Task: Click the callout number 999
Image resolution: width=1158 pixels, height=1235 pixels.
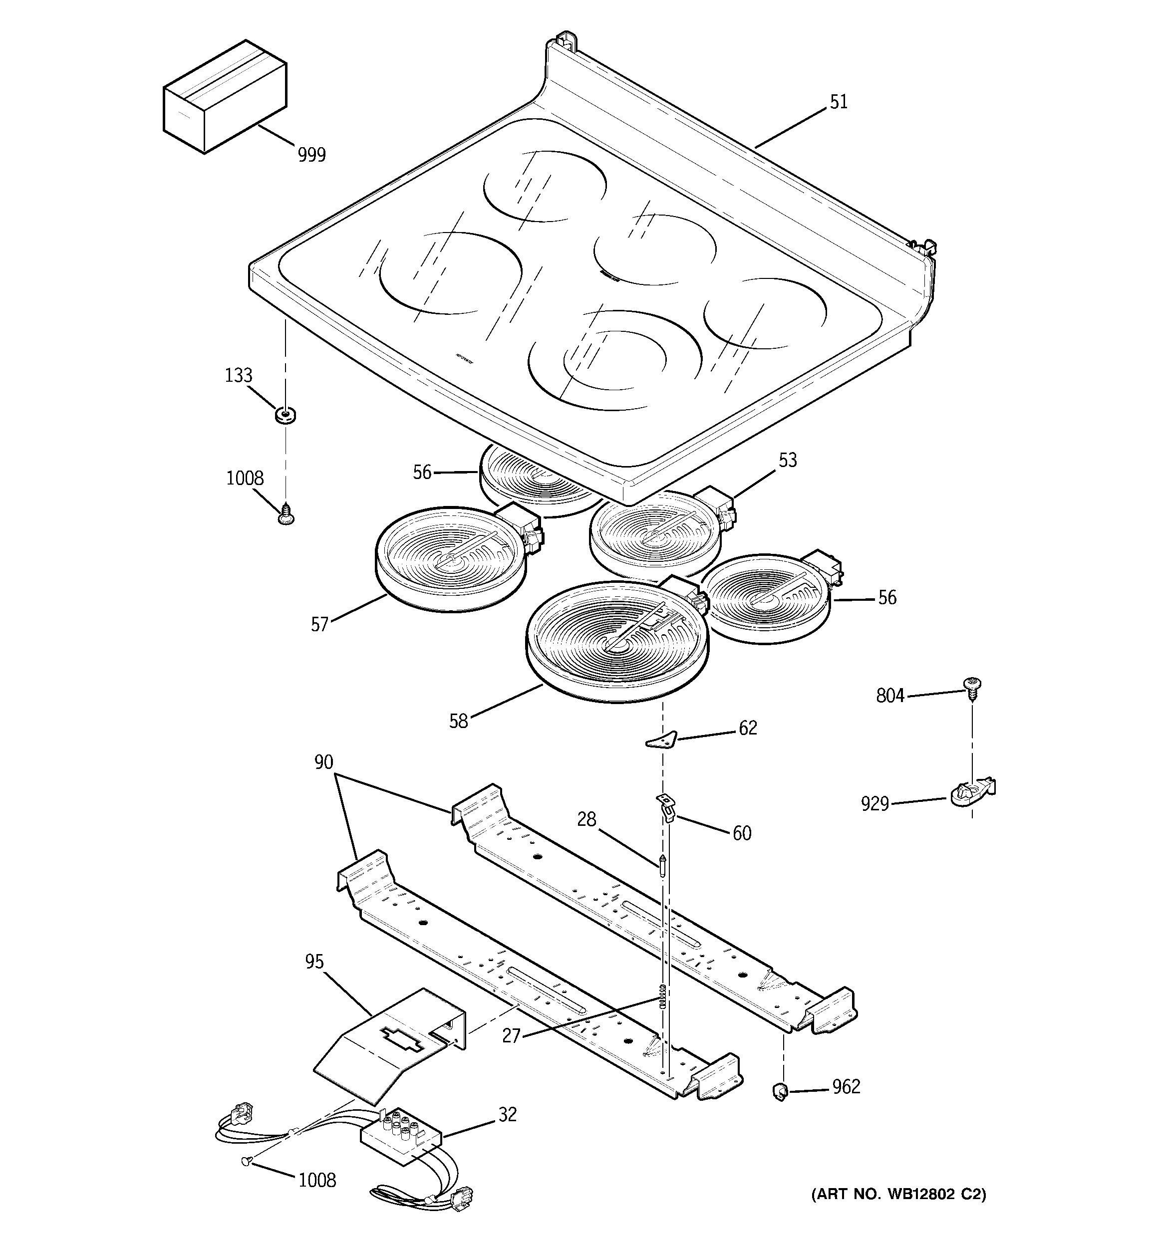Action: point(311,154)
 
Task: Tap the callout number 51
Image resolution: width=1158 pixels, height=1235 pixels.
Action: point(839,102)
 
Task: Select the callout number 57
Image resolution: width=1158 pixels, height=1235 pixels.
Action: point(319,624)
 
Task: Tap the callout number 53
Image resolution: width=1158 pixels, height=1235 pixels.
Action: point(788,461)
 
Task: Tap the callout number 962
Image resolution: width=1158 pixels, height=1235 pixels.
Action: point(846,1086)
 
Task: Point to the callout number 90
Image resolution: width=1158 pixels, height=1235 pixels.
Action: point(323,761)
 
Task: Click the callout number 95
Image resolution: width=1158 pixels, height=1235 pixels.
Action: point(314,961)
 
